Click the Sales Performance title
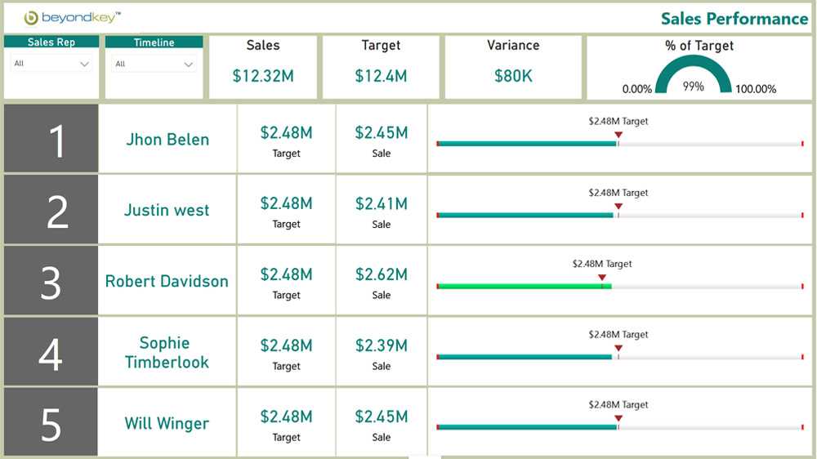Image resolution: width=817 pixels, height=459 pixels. [734, 19]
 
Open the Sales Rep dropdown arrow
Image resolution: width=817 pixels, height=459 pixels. [85, 64]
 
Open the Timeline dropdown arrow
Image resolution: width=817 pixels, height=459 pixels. [189, 65]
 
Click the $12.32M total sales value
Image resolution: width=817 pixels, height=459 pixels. [262, 76]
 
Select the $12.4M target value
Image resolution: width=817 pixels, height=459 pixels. [381, 76]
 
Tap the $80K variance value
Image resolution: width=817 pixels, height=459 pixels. [513, 76]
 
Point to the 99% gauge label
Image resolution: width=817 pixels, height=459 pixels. [693, 86]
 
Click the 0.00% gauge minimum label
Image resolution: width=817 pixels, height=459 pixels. [637, 89]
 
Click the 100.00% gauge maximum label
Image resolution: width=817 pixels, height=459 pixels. [756, 89]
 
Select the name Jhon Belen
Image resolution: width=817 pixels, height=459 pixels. [167, 140]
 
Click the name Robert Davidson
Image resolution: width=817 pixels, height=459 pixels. [167, 282]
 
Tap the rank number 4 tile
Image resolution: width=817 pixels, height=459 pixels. [51, 353]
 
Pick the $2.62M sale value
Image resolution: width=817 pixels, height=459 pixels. [381, 274]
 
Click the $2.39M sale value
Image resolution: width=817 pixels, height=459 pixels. [381, 345]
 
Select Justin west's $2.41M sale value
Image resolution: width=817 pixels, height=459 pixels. [381, 203]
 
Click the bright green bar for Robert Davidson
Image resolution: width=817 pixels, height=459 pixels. [523, 287]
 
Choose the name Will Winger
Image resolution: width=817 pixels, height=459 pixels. [167, 424]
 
